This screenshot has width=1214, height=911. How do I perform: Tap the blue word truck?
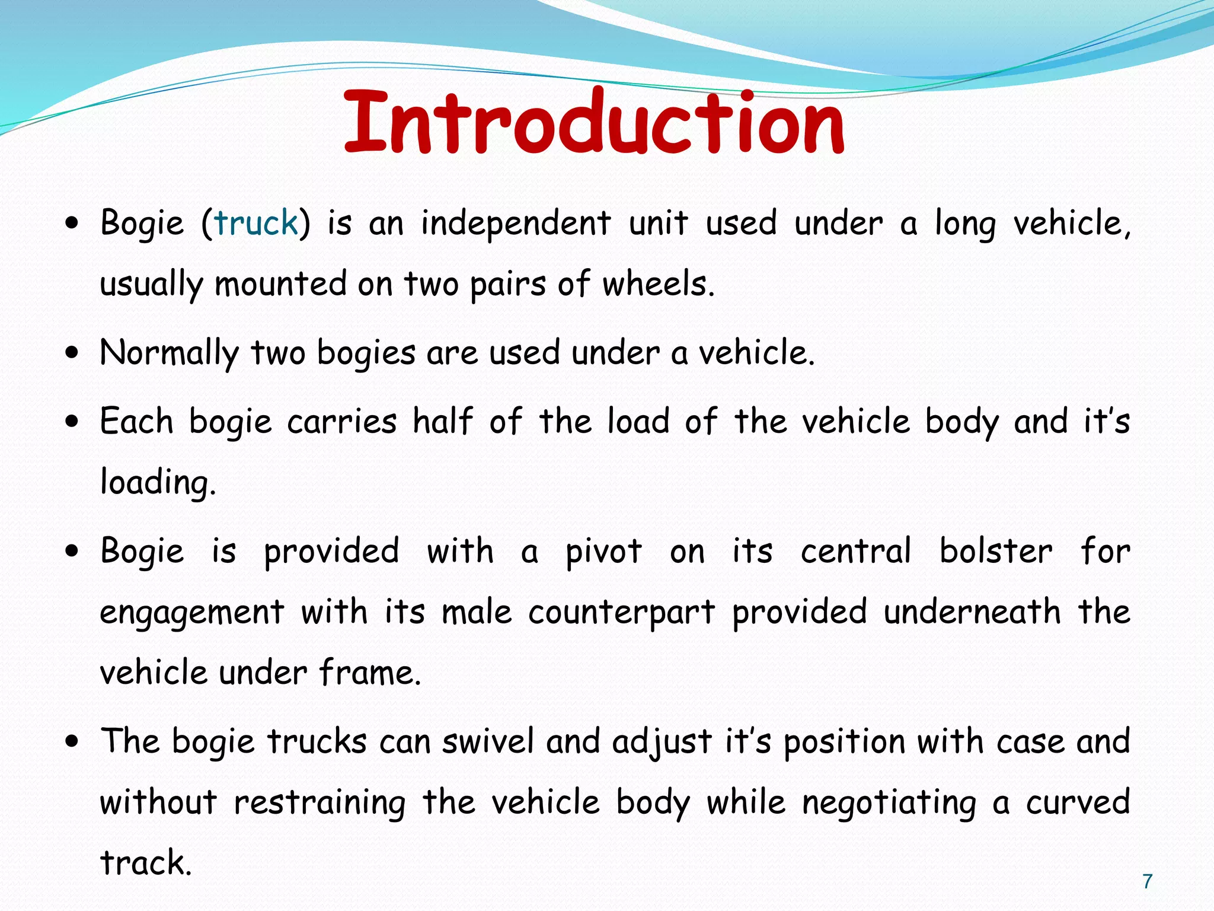coord(255,223)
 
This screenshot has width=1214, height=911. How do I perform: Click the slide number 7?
coord(1148,881)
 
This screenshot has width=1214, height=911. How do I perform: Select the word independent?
coord(516,224)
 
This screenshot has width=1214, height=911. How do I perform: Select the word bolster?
coord(996,551)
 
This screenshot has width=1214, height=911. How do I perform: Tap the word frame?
coord(369,673)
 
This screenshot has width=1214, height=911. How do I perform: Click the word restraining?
coord(320,803)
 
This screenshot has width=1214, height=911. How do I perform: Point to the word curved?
coord(1078,803)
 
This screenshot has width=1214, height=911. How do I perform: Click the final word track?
coord(146,863)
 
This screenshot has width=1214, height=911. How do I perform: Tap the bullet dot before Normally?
coord(72,353)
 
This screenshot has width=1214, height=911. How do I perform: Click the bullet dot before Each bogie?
coord(72,422)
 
